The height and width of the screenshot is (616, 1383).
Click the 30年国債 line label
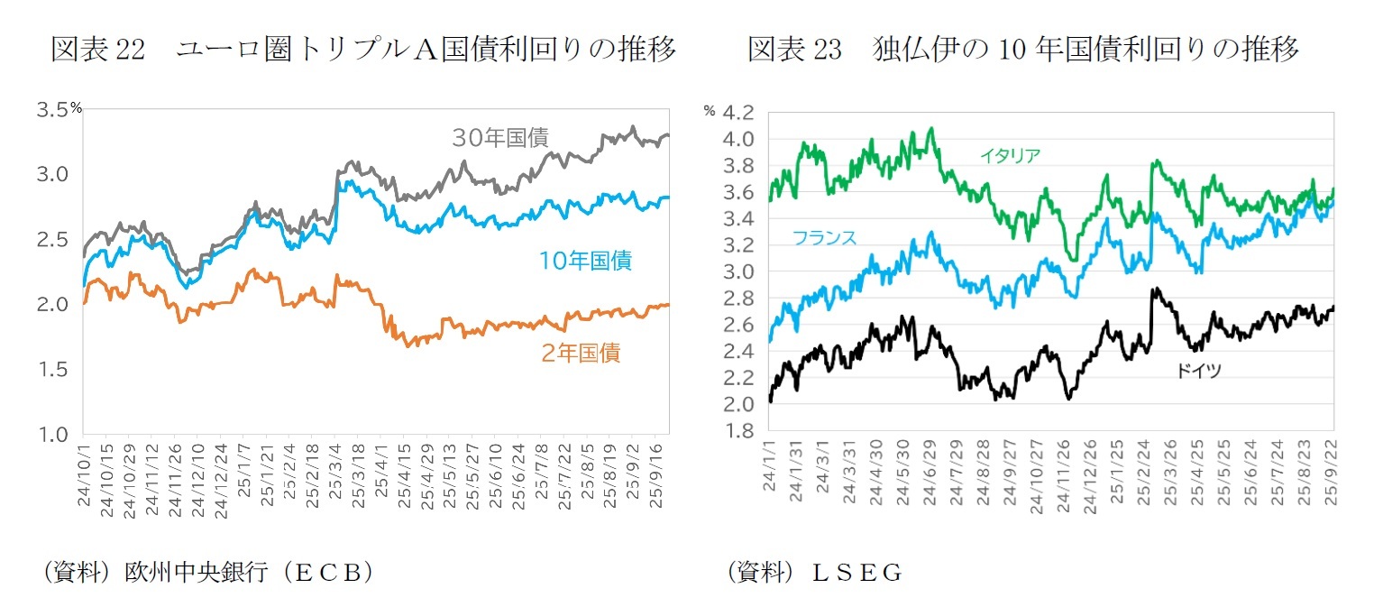click(x=500, y=138)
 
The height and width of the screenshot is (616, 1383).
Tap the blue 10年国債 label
click(x=585, y=262)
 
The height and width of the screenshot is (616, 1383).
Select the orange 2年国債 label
click(x=581, y=354)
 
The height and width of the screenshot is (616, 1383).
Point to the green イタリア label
click(x=1010, y=156)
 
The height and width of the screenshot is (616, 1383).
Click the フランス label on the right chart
click(x=824, y=238)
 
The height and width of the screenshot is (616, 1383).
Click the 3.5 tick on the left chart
click(x=53, y=110)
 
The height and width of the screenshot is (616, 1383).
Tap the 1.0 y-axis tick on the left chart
click(x=53, y=435)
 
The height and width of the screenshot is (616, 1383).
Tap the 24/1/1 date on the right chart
click(x=770, y=474)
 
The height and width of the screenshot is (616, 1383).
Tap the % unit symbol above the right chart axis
click(x=710, y=112)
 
